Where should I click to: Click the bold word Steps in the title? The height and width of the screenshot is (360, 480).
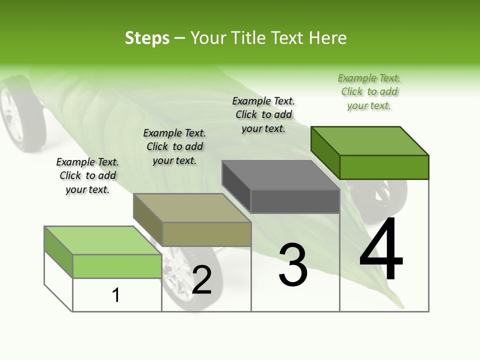[x=147, y=38]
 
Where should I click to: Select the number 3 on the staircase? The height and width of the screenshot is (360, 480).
[x=293, y=265]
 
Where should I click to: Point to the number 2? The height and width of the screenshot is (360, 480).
[x=201, y=280]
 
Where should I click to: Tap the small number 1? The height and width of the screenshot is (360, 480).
[x=116, y=295]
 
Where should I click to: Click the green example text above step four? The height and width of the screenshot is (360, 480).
[x=369, y=91]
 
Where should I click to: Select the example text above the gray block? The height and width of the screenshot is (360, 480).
[x=263, y=114]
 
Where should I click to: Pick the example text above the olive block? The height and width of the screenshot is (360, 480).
[x=174, y=146]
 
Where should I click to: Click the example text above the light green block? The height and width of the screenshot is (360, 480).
[x=87, y=175]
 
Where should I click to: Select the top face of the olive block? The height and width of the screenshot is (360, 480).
[x=192, y=208]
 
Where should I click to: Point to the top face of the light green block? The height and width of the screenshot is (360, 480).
[x=103, y=240]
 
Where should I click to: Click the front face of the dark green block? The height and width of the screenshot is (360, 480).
[x=384, y=167]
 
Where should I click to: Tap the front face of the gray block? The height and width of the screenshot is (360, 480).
[x=295, y=201]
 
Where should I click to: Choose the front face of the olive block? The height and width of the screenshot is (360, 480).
[x=206, y=234]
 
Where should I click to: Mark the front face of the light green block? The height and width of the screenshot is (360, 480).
[x=117, y=266]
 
